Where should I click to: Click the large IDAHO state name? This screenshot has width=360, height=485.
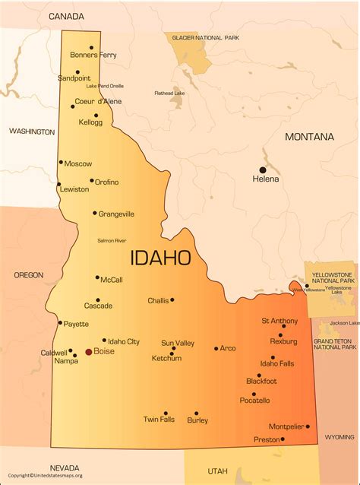coord(161,258)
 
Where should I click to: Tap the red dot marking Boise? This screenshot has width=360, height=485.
coord(88,352)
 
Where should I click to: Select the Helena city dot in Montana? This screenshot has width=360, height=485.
coord(264,170)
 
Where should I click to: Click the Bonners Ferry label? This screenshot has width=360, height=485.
coord(93,55)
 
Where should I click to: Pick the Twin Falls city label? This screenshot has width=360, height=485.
coord(159,420)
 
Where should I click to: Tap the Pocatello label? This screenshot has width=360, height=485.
coord(254,401)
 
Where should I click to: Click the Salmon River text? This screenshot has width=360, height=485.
coord(112,240)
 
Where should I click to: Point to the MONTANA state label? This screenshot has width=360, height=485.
coord(309,137)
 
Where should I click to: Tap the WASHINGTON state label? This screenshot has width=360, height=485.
coord(32,132)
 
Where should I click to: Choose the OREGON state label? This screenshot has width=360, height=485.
coord(28,275)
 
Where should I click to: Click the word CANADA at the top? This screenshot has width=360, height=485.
coord(67,16)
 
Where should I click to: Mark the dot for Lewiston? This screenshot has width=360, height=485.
coord(58,183)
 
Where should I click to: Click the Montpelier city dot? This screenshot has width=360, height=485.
coord(308,426)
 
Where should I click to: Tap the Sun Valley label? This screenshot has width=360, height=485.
coord(178,344)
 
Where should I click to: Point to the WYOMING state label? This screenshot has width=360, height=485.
coord(339,437)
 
